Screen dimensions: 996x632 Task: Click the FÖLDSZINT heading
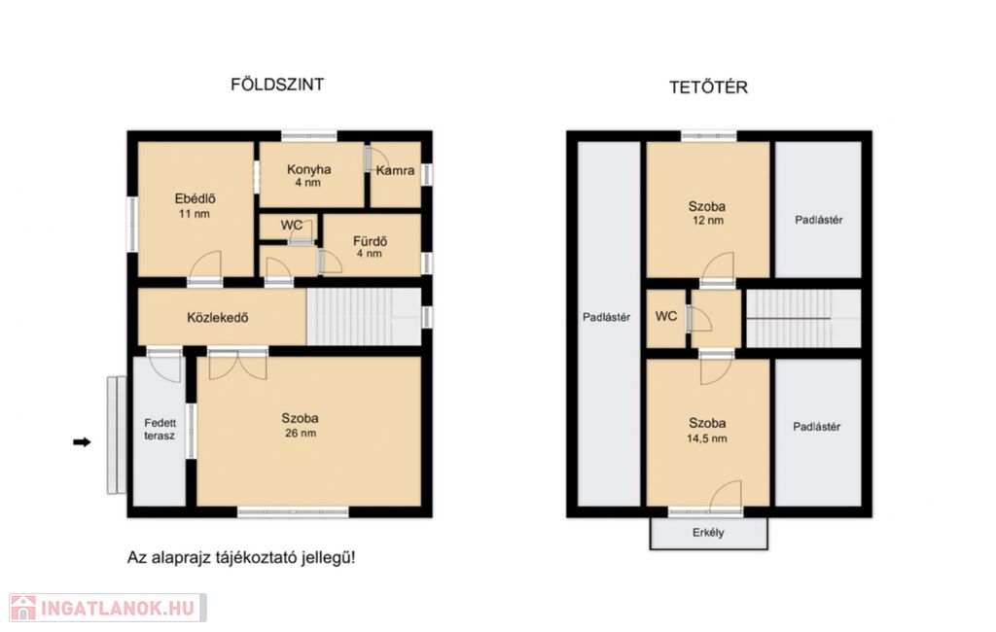coord(277,85)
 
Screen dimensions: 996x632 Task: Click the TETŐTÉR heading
coord(708,87)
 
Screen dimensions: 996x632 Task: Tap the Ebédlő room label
coord(195,198)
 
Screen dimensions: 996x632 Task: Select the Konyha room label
coord(308,169)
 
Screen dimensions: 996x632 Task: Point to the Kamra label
coord(395,170)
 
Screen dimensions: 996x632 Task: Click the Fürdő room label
coord(371,241)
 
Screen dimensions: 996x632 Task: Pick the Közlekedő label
coord(217,318)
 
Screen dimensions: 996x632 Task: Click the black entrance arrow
coord(82,442)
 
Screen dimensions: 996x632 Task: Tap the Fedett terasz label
coord(160,430)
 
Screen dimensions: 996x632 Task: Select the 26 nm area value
coord(301,434)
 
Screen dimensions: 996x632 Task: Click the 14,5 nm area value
coord(707,439)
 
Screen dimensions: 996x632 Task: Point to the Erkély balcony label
coord(708,532)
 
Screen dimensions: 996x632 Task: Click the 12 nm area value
coord(708,221)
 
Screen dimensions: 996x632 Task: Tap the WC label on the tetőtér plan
coord(665,316)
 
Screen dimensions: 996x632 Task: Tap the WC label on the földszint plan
coord(292,226)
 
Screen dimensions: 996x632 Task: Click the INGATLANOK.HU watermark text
coord(118,609)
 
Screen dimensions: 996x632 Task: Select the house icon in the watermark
coord(23,608)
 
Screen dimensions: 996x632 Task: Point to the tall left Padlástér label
coord(607,317)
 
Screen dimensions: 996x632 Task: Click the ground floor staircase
coord(364,317)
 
